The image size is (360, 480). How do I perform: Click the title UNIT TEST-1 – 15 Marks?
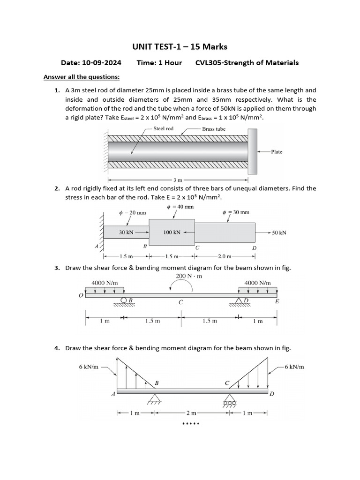pos(180,46)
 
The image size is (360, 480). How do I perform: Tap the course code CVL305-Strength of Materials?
pos(247,63)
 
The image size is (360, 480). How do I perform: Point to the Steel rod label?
pos(163,128)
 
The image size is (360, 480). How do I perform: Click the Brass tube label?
pos(214,129)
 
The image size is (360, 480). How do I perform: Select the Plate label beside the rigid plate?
pos(277,152)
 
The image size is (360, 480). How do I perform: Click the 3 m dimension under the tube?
pos(178,180)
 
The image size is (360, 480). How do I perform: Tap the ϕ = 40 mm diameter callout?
pos(180,207)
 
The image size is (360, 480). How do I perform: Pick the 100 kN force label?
pos(172,232)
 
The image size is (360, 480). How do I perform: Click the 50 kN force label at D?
pos(279,232)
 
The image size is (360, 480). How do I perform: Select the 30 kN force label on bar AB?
pos(127,232)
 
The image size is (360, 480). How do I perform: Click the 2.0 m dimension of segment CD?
pos(225,256)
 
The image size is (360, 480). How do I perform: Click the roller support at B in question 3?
pos(124,300)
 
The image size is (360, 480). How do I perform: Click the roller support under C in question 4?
pos(229,402)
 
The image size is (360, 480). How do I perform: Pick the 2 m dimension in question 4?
pos(191,413)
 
